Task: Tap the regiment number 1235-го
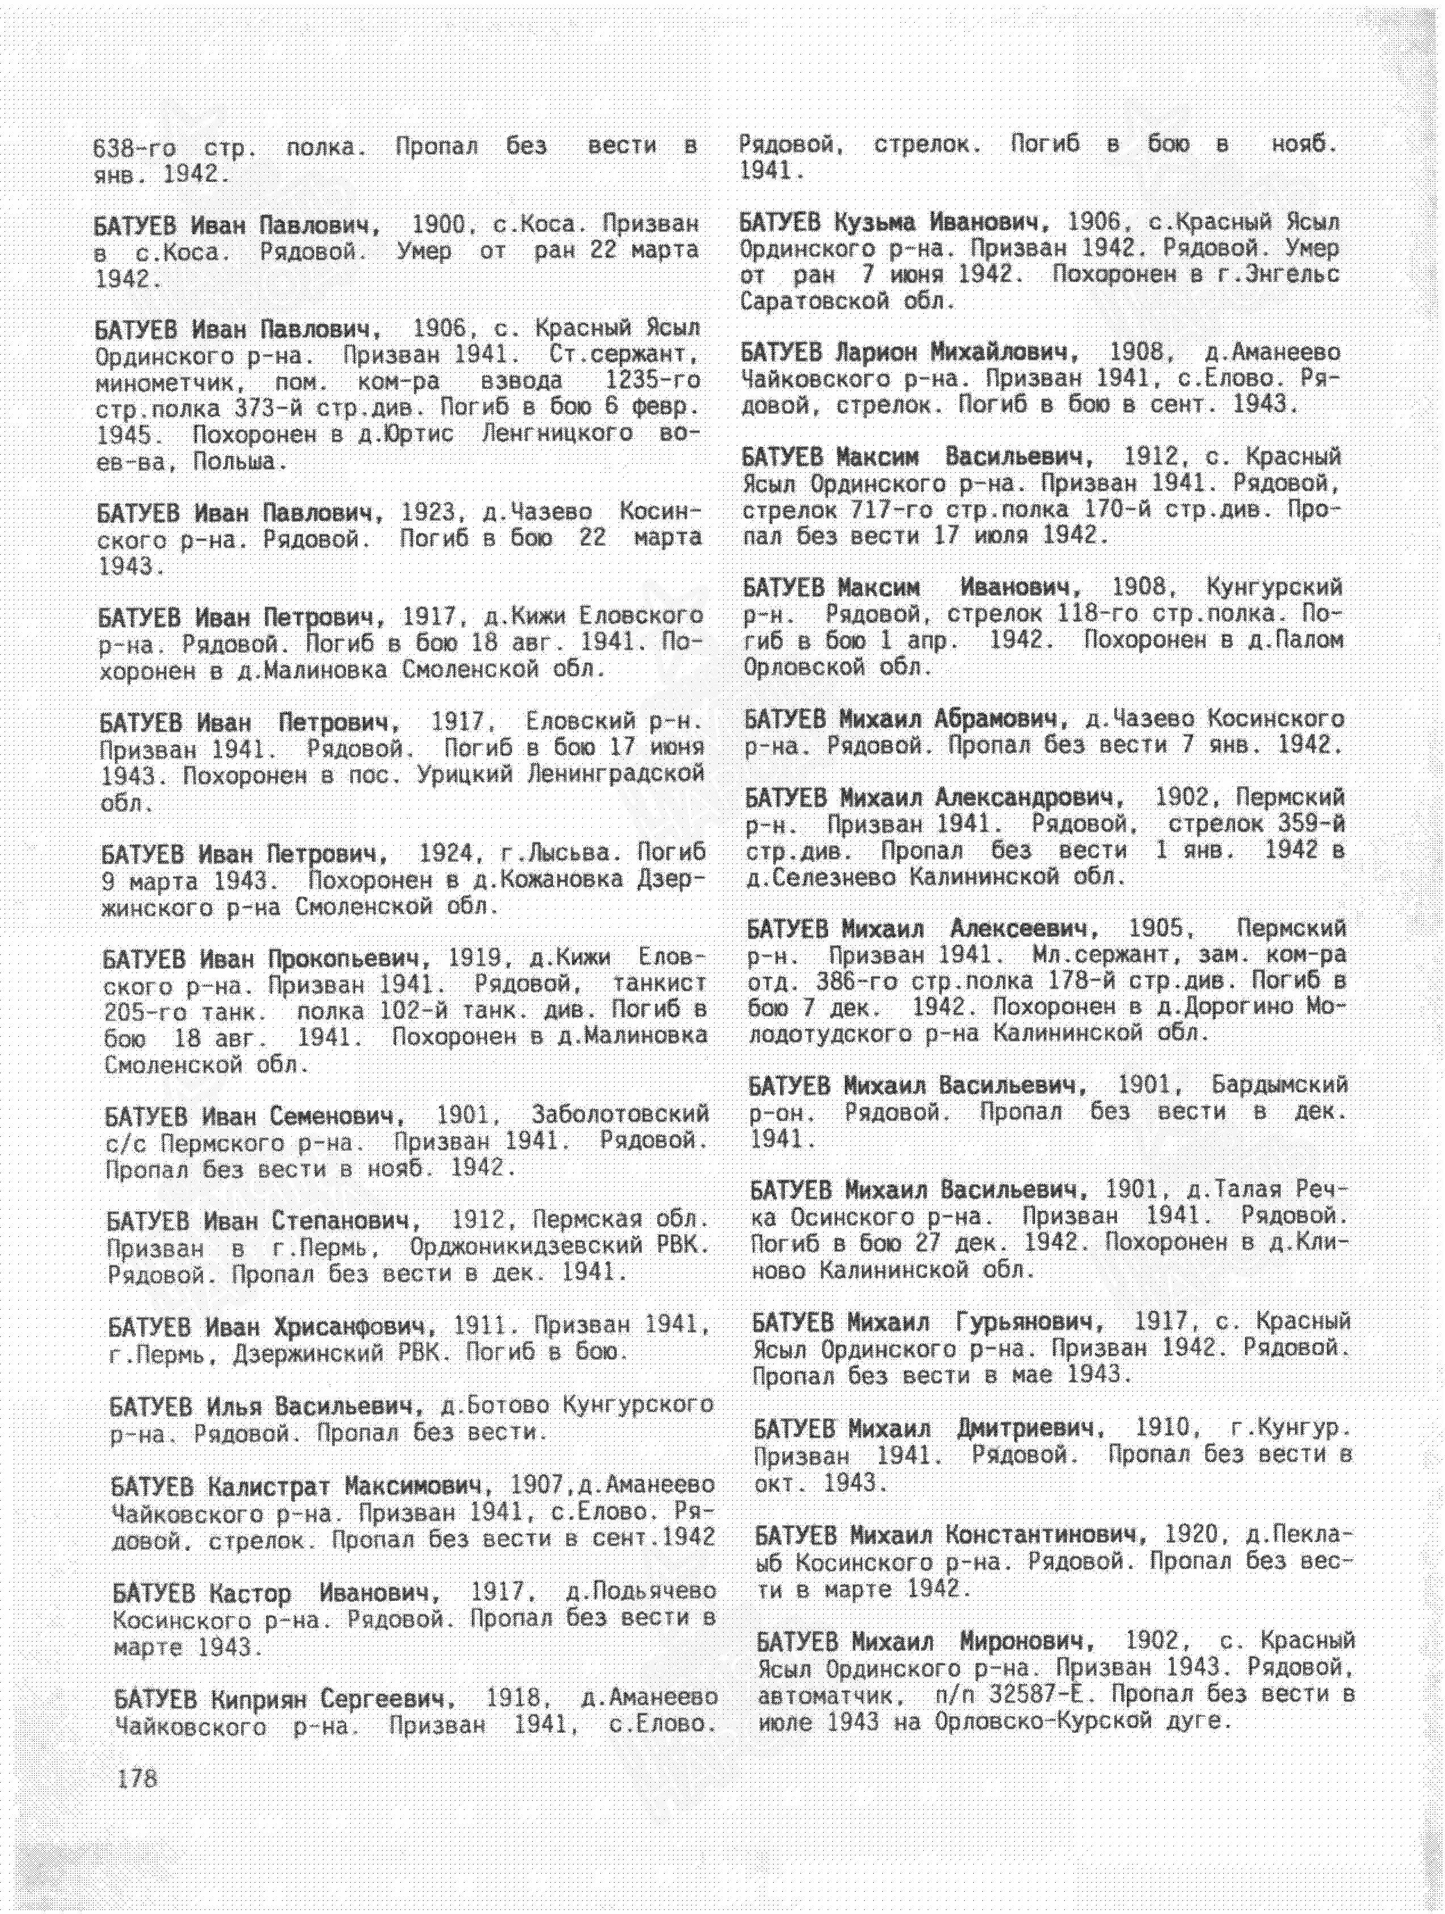point(653,381)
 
